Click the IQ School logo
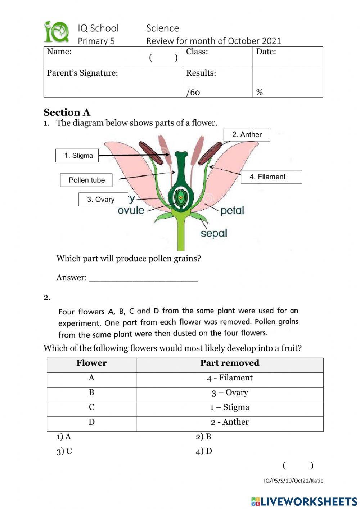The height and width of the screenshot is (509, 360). [57, 32]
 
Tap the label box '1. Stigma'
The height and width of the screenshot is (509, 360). [77, 156]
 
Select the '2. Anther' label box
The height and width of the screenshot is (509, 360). [247, 135]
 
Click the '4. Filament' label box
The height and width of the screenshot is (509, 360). [271, 177]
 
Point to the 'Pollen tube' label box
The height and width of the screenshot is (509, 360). [86, 180]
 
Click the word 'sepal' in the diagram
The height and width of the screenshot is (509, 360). [214, 233]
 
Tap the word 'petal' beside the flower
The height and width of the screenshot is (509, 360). [232, 210]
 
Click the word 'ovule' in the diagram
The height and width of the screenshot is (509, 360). [131, 210]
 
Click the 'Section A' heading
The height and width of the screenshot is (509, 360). [67, 112]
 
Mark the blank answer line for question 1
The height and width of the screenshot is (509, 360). [143, 278]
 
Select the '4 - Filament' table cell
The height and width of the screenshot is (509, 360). [230, 378]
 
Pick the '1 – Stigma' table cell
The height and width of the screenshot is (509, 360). [230, 407]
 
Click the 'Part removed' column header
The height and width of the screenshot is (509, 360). [230, 363]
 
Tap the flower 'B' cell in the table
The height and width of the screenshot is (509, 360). [91, 393]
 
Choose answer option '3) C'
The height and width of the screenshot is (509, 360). [64, 451]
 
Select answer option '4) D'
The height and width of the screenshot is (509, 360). [204, 451]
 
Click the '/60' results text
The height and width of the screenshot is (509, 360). [193, 93]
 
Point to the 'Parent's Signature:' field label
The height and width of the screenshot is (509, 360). [82, 73]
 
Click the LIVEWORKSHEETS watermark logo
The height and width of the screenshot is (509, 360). [304, 501]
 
